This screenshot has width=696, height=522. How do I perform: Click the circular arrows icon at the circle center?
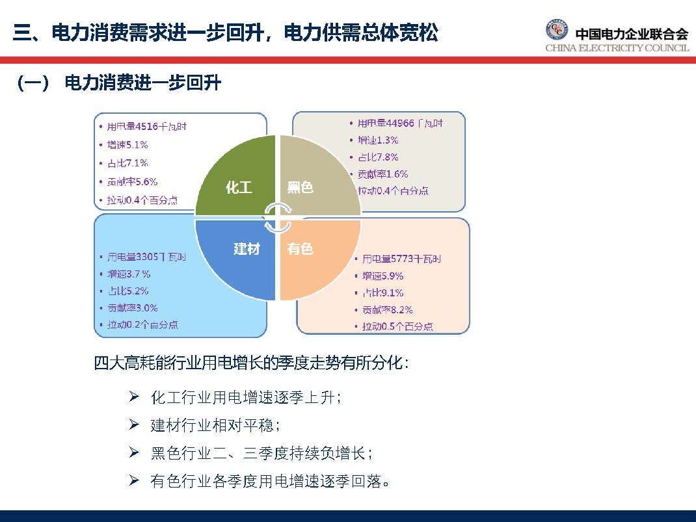[278, 217]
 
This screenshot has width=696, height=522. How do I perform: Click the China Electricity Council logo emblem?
[556, 31]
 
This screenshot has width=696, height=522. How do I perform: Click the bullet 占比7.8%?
[378, 157]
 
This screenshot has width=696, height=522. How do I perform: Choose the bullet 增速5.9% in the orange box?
[383, 276]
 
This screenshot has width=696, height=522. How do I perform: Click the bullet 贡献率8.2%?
[387, 309]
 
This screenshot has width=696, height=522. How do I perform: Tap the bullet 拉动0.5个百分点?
[397, 326]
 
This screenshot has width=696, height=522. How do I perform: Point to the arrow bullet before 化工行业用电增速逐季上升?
[135, 397]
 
